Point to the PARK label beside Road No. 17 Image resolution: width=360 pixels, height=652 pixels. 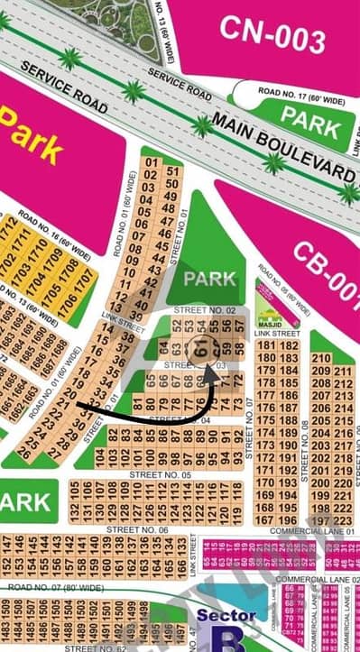coord(309,116)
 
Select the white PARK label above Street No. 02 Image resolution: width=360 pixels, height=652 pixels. coord(209,279)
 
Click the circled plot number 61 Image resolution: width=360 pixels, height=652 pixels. coord(201,347)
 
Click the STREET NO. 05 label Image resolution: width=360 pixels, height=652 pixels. coord(161,474)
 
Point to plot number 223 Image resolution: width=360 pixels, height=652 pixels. coord(342,520)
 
